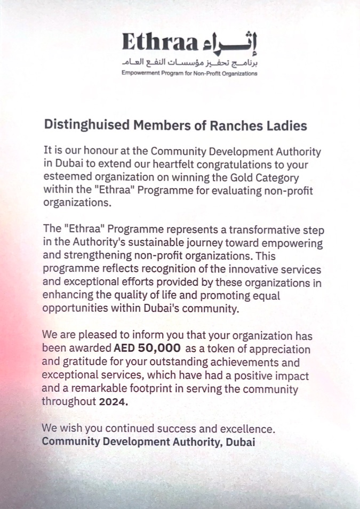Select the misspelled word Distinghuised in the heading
click(86, 126)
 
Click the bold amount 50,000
click(156, 350)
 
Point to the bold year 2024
click(114, 402)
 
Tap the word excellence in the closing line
click(251, 429)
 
